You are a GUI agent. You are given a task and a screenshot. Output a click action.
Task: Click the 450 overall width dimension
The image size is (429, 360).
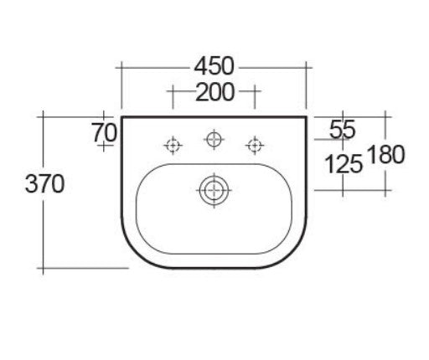coord(214,64)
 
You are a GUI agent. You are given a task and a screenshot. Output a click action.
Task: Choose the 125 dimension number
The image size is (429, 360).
coord(343,164)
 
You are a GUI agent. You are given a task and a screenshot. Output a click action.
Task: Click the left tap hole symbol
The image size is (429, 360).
coord(173,146)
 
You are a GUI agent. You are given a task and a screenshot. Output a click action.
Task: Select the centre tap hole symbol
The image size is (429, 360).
coord(214,137)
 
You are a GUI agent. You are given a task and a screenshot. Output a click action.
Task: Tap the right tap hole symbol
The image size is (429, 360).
coord(254,146)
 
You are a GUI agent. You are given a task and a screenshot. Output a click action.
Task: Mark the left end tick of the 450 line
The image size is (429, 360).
coord(123,64)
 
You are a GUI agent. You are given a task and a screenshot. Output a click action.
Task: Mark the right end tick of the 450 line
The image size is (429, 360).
coord(308,64)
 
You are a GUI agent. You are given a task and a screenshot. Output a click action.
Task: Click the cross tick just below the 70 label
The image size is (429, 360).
coord(105,146)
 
